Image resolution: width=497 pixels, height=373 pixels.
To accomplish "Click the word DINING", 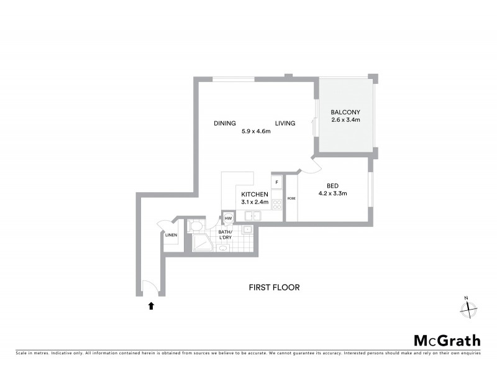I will coord(225,123).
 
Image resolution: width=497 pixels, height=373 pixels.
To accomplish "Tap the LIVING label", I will coord(285,123).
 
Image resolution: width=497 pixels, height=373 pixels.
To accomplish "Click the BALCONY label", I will coord(346,112).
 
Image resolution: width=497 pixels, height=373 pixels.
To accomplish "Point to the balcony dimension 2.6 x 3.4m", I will coord(346,120).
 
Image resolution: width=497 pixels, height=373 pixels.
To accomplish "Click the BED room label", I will coord(333,185).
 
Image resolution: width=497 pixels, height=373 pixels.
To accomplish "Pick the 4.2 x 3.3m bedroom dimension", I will coord(333,193).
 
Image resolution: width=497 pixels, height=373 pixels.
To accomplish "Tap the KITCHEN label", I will coord(255,194).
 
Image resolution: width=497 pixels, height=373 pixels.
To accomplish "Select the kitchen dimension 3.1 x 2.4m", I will coord(255,202).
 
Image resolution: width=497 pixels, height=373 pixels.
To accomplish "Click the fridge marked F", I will coord(276,182).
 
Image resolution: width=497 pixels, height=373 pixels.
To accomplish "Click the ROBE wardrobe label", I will coord(291,198).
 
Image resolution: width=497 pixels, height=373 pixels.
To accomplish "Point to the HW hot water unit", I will coord(228,218).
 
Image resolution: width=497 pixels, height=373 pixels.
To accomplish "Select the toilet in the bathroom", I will coord(195,225).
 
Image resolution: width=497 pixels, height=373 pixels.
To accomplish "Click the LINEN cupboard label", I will coord(171,235).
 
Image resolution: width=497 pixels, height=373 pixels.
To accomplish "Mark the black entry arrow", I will coord(150,305).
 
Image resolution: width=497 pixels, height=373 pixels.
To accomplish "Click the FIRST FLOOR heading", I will coord(274,287).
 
